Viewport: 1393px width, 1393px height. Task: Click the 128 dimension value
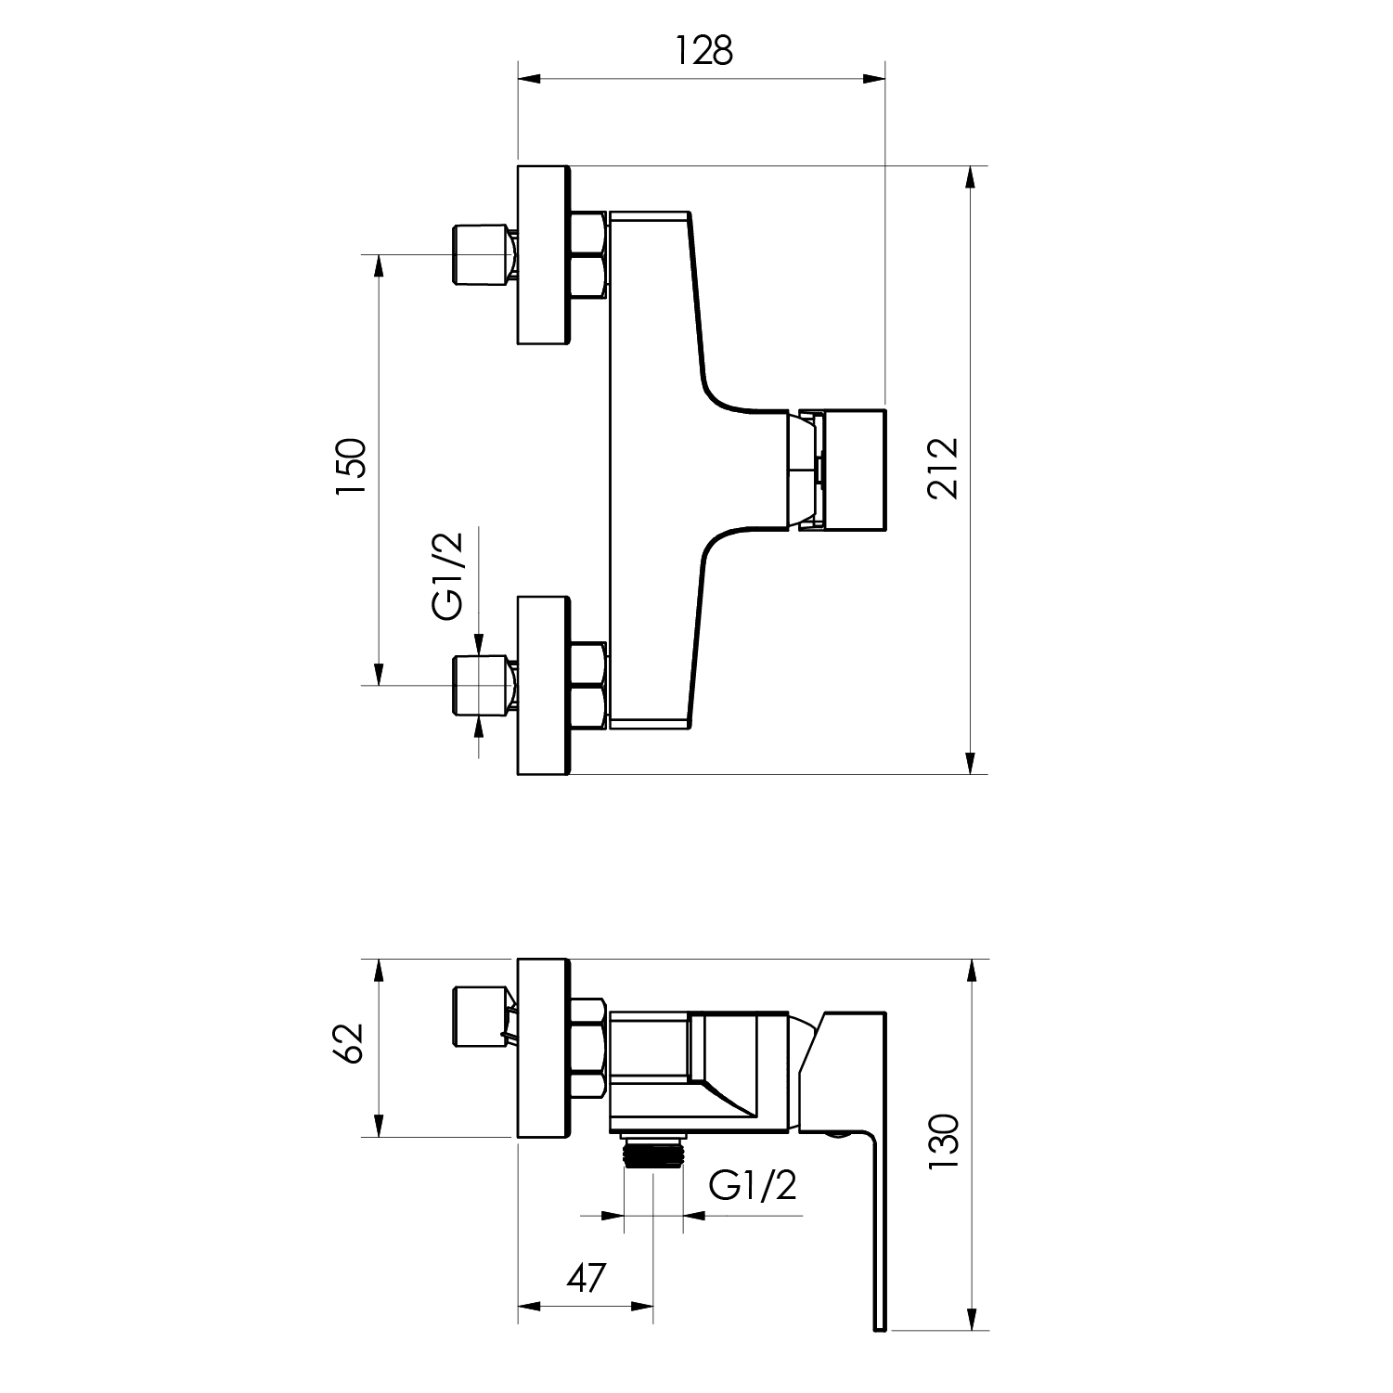[x=703, y=51]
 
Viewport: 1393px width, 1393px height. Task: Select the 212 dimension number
[x=944, y=470]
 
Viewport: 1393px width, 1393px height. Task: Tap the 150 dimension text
[x=352, y=469]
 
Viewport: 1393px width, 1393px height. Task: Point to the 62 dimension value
[x=352, y=1047]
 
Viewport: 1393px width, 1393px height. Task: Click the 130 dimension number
[x=944, y=1141]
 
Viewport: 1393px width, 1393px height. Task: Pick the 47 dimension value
[x=586, y=1278]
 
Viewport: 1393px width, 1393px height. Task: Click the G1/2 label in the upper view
[x=447, y=574]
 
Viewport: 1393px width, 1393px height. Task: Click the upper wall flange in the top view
[x=544, y=255]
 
